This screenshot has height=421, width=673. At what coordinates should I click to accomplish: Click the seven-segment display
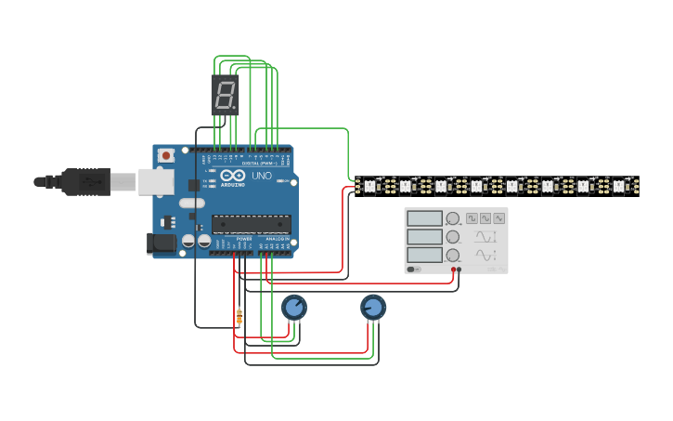(225, 95)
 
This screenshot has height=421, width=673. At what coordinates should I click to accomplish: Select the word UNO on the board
(262, 176)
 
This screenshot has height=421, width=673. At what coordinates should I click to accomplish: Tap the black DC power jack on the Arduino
(162, 243)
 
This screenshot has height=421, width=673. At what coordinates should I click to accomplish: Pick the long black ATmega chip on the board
(251, 224)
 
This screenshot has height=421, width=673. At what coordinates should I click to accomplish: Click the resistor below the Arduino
(239, 317)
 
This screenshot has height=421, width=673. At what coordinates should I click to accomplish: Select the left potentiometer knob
(293, 307)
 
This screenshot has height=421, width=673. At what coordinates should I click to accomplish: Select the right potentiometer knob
(373, 307)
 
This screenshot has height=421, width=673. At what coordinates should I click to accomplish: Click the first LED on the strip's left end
(369, 186)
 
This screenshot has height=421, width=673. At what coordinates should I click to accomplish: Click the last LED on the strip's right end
(619, 186)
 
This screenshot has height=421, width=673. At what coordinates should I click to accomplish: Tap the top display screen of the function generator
(424, 218)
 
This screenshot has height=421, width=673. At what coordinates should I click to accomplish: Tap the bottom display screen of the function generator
(424, 255)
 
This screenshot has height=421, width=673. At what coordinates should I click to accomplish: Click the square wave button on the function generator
(472, 217)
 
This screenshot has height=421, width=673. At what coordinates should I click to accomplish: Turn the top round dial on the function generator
(452, 219)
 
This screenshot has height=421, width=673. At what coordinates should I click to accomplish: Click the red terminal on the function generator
(453, 270)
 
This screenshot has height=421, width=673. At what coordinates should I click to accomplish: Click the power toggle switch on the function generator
(413, 270)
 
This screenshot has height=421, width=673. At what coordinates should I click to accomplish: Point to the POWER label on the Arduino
(244, 239)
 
